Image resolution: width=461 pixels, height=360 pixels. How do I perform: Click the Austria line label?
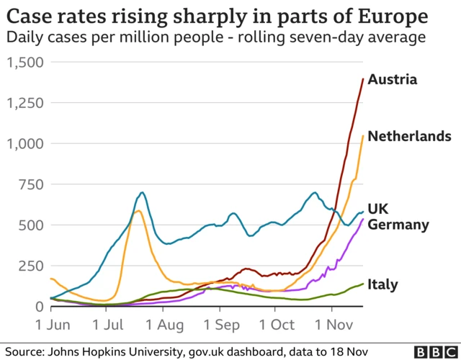[x=392, y=79]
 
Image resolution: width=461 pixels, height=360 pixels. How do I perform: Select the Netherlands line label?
[x=409, y=136]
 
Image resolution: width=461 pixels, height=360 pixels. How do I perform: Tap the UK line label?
[x=378, y=208]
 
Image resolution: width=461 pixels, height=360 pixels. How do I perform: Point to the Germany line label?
[x=398, y=225]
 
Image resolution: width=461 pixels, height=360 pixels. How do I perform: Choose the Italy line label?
[x=382, y=284]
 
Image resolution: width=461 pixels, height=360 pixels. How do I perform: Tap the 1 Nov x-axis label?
[x=334, y=325]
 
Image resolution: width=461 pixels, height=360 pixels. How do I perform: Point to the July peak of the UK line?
[x=142, y=193]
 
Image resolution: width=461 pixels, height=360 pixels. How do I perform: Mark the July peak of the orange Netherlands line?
[x=138, y=211]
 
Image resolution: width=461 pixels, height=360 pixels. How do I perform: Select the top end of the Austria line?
[x=362, y=78]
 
